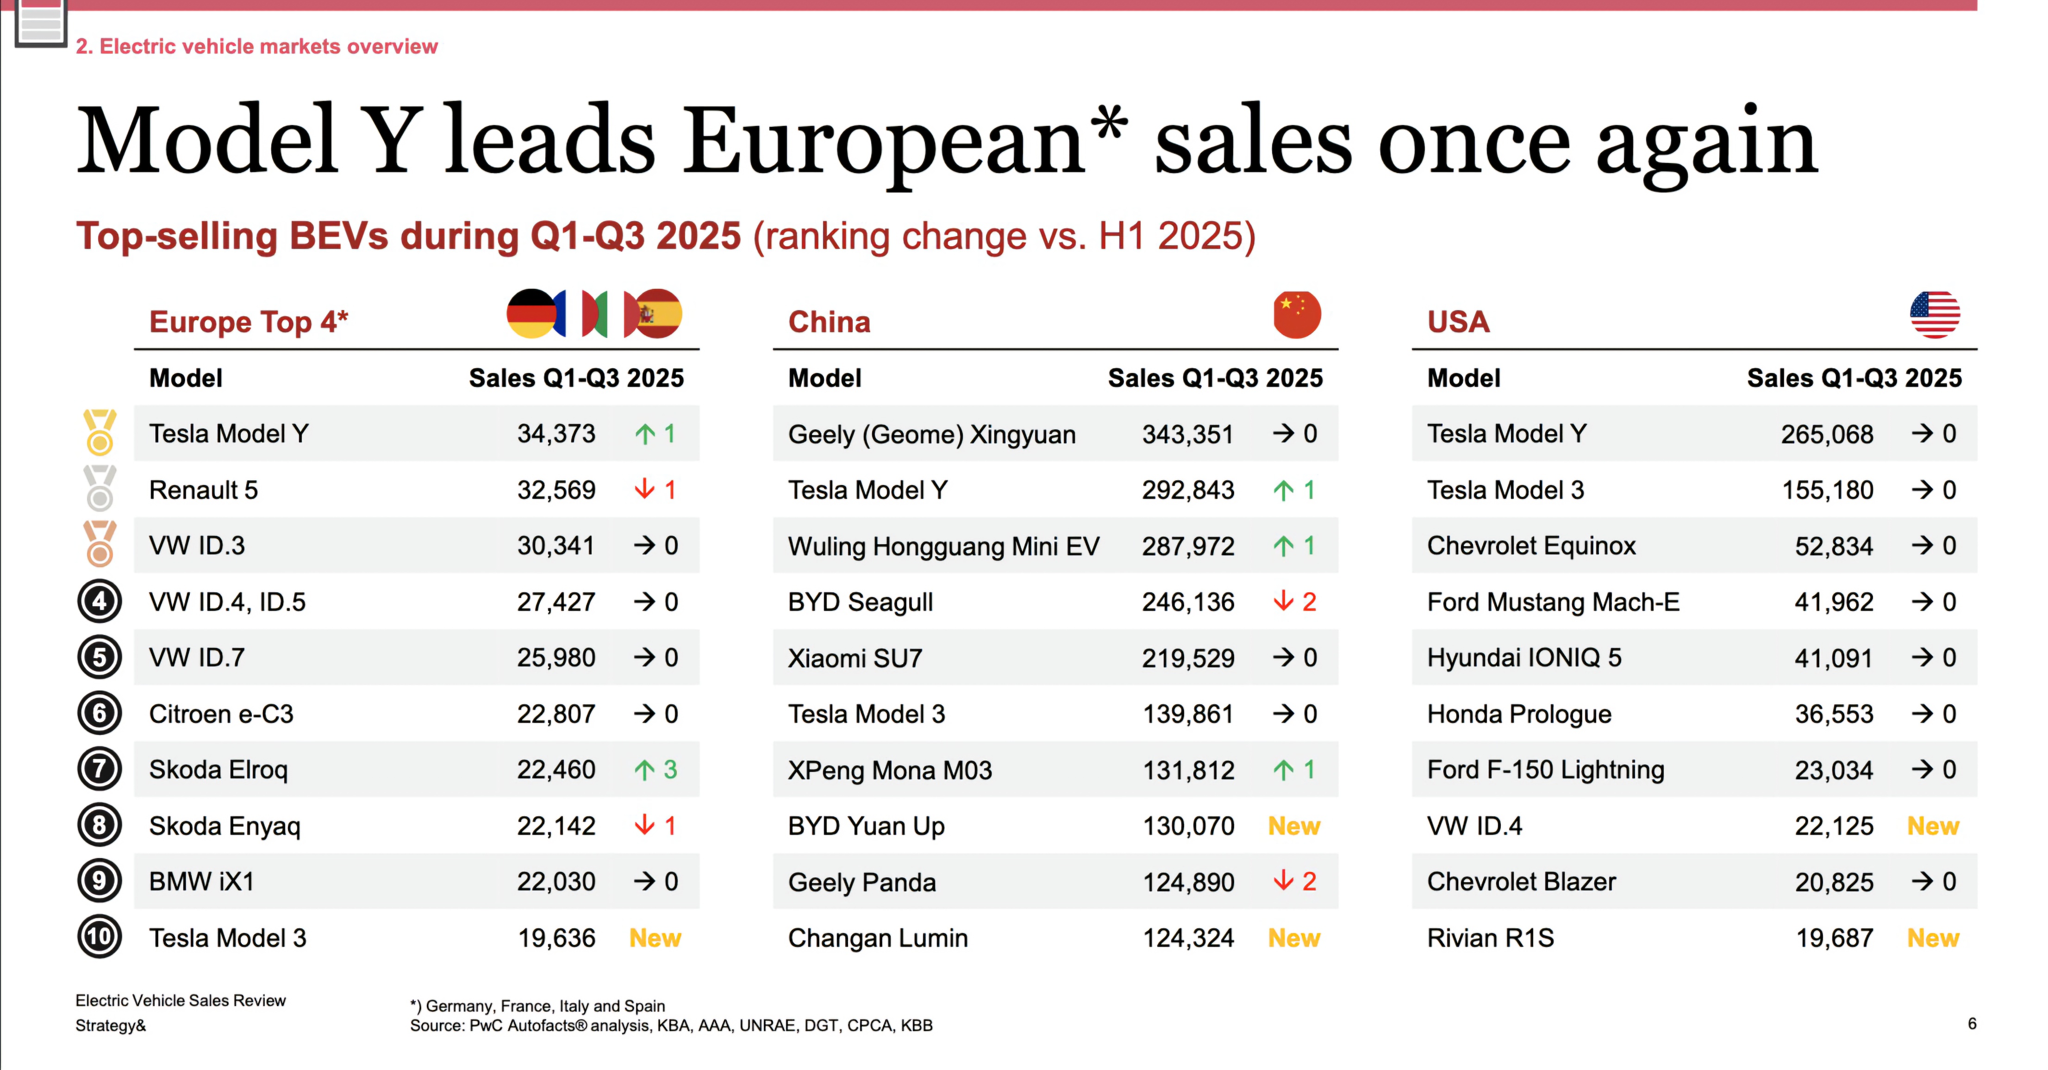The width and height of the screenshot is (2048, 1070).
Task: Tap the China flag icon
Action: pyautogui.click(x=1297, y=315)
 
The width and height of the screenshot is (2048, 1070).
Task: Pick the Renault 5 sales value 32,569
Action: pyautogui.click(x=556, y=490)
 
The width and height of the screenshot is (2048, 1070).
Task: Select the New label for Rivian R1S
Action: pyautogui.click(x=1933, y=938)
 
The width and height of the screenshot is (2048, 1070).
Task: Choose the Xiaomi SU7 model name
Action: pyautogui.click(x=855, y=658)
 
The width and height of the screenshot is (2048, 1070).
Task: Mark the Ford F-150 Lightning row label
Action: pyautogui.click(x=1545, y=770)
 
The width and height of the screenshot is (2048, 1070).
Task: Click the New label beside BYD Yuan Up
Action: pyautogui.click(x=1293, y=826)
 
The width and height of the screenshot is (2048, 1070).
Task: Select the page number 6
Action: pyautogui.click(x=1972, y=1024)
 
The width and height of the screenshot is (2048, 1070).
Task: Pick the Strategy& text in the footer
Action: pyautogui.click(x=111, y=1026)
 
